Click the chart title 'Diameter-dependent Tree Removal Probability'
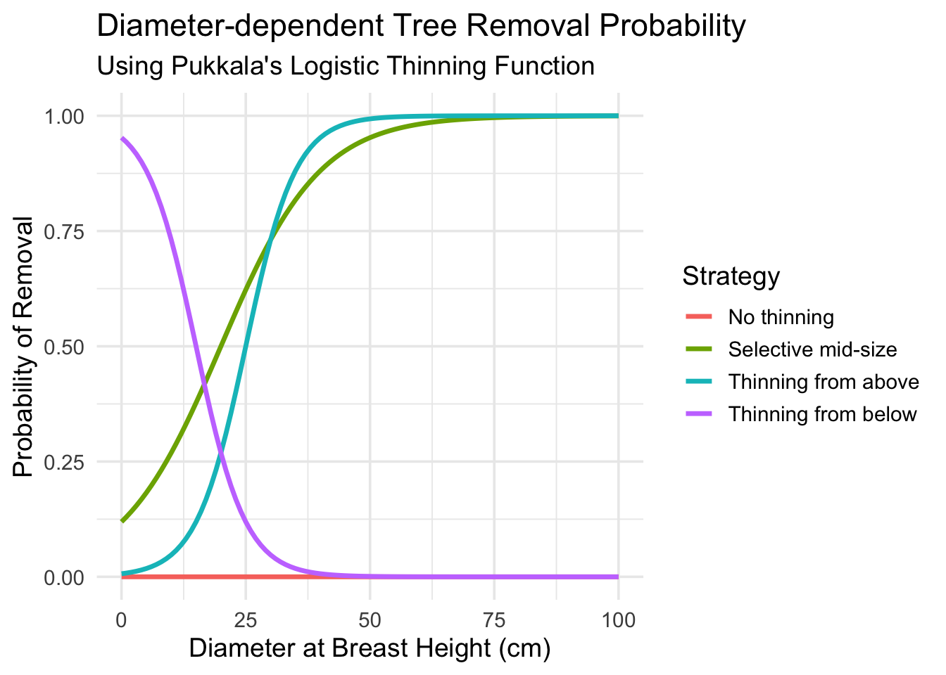pos(420,27)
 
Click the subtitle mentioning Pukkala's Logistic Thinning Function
pos(345,66)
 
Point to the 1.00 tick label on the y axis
pos(65,116)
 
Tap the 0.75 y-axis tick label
pos(65,231)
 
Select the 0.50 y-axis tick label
pos(65,347)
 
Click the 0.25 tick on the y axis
pos(65,462)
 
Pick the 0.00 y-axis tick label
pos(65,577)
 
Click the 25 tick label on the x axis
pos(246,620)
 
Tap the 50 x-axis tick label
pos(370,620)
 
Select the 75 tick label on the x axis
pos(493,620)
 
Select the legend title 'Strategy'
pos(731,276)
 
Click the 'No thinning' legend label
pos(781,317)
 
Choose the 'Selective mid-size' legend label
pos(812,349)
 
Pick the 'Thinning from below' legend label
pos(822,414)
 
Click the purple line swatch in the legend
pos(699,414)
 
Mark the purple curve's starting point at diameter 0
pos(122,139)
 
